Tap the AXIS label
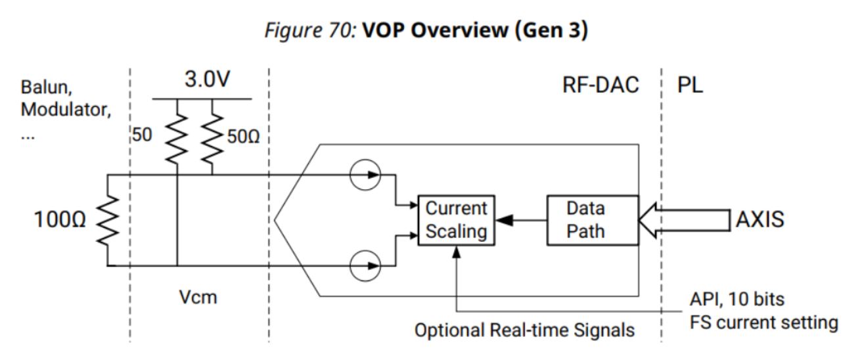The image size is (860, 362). point(759,219)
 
